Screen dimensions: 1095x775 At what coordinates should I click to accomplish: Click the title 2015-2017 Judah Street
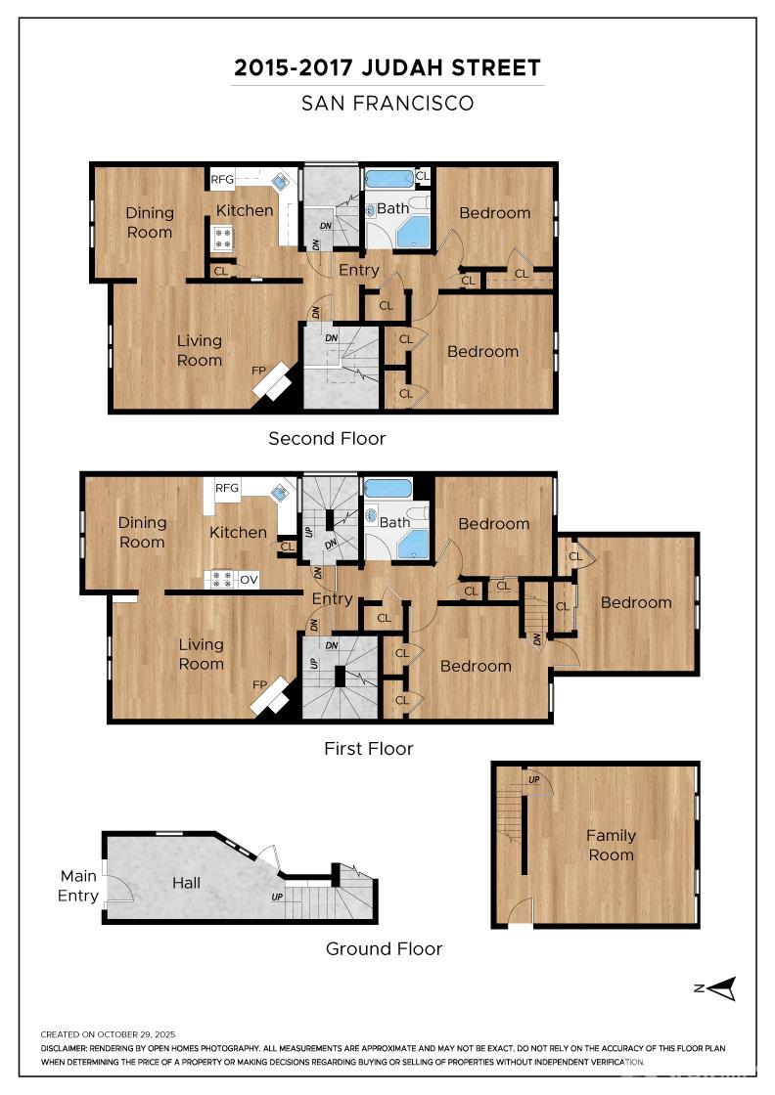point(387,68)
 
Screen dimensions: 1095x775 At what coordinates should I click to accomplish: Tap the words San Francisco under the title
point(387,103)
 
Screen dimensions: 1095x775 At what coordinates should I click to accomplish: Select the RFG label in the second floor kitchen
point(222,180)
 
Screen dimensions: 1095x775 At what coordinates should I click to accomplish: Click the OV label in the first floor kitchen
point(249,580)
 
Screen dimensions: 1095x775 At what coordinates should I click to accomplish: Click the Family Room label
point(611,845)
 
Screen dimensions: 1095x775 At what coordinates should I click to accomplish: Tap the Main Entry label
point(78,886)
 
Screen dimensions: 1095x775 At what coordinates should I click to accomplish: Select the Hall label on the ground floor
point(186,883)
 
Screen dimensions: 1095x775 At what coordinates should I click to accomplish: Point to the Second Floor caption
point(327,439)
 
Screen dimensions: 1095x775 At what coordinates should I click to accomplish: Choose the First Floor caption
point(368,749)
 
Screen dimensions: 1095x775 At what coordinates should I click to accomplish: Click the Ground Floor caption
point(384,948)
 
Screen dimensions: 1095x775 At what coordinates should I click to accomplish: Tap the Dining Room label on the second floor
point(150,222)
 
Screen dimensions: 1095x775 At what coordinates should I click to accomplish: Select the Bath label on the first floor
point(395,522)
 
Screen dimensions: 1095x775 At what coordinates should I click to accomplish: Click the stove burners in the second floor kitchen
point(222,239)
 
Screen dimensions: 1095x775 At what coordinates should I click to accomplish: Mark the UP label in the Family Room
point(533,779)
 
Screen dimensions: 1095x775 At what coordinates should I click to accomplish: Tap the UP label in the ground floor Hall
point(277,897)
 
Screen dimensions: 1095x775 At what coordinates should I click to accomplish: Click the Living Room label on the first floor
point(201,654)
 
